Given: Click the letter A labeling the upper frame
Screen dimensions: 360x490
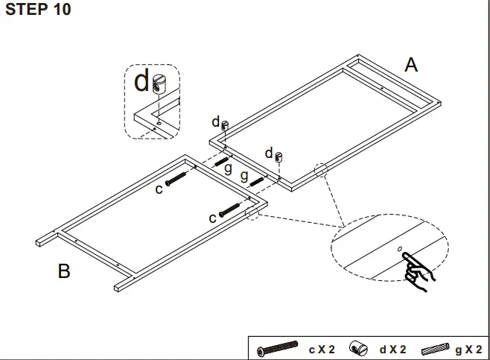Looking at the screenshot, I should pyautogui.click(x=410, y=65).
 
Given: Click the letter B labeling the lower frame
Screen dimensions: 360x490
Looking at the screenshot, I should pyautogui.click(x=64, y=271).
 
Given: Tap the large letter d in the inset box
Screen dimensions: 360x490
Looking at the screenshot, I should pyautogui.click(x=141, y=81).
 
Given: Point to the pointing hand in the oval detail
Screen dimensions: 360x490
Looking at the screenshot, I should pyautogui.click(x=417, y=268).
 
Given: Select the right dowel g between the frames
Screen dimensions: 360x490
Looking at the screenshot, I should pyautogui.click(x=257, y=180).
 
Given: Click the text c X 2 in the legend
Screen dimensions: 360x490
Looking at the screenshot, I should pyautogui.click(x=322, y=349).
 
